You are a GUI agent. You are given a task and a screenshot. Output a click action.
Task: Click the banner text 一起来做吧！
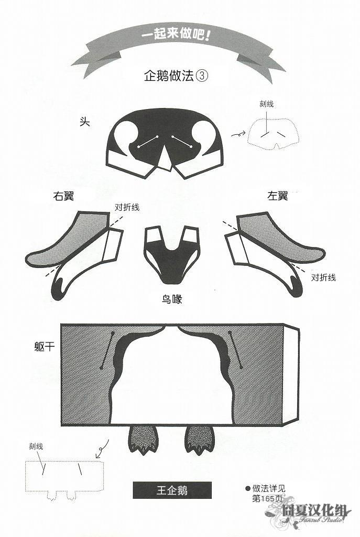[x=180, y=37]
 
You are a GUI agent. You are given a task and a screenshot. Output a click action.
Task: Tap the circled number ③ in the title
[x=202, y=76]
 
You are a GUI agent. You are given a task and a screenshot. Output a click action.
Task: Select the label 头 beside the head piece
[x=84, y=122]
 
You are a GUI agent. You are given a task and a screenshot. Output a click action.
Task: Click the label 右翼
[x=63, y=197]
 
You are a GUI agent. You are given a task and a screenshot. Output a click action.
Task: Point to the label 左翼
[x=278, y=196]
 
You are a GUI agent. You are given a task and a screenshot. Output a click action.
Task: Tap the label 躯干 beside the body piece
[x=41, y=347]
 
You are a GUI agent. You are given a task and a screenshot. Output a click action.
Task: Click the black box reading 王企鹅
[x=172, y=491]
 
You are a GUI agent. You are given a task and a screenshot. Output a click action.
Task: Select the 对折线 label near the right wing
[x=127, y=207]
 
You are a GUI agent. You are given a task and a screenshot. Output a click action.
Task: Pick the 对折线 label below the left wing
[x=323, y=277]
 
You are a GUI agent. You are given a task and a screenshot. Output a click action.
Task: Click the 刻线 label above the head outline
[x=266, y=104]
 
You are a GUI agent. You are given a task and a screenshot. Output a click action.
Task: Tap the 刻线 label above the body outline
[x=36, y=446]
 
